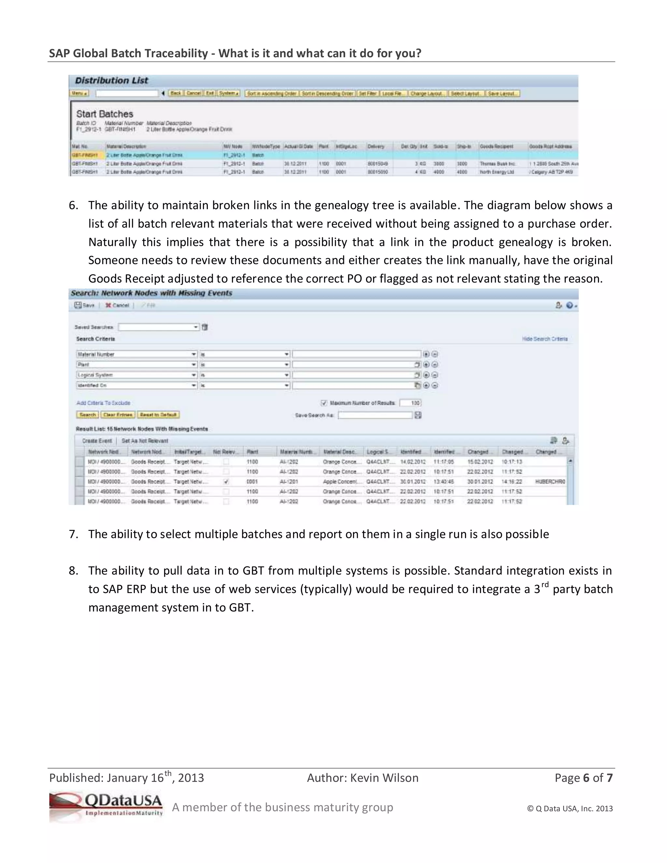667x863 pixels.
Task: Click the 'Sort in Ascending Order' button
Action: pyautogui.click(x=272, y=94)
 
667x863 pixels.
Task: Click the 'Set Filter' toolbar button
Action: pyautogui.click(x=367, y=94)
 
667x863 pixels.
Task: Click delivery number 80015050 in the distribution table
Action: pyautogui.click(x=378, y=172)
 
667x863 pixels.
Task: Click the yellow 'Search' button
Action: pyautogui.click(x=87, y=415)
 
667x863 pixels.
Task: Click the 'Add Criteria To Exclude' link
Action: pyautogui.click(x=103, y=403)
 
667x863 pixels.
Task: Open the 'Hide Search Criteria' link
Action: pyautogui.click(x=545, y=339)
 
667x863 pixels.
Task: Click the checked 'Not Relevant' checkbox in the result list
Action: pyautogui.click(x=226, y=482)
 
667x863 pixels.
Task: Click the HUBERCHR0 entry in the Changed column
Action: pyautogui.click(x=550, y=482)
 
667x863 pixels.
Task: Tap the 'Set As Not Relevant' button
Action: pyautogui.click(x=145, y=441)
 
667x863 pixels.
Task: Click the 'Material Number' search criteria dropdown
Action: pyautogui.click(x=136, y=354)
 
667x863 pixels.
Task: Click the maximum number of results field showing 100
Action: pyautogui.click(x=411, y=403)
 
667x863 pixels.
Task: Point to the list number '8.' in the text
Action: pyautogui.click(x=74, y=571)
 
